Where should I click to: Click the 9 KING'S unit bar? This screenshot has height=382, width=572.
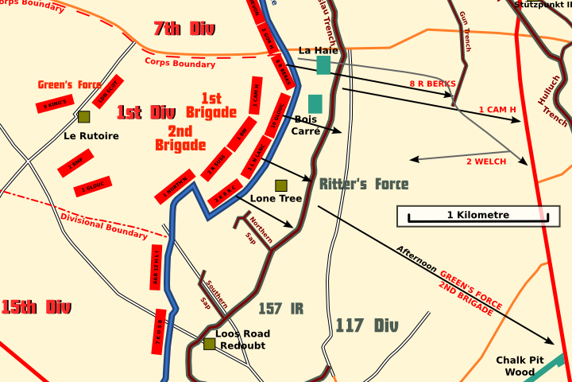54,104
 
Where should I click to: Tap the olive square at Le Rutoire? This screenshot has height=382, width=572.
84,117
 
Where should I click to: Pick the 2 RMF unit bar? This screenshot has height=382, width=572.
75,166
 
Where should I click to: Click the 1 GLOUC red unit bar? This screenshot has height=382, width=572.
92,187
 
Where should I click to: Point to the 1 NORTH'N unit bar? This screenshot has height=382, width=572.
176,186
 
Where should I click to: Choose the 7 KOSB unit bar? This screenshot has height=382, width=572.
158,333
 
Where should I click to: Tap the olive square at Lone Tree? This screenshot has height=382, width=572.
281,185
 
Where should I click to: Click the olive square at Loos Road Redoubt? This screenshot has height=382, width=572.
209,344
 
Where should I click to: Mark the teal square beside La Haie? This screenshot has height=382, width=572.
323,65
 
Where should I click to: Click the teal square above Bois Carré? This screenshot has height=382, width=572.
315,103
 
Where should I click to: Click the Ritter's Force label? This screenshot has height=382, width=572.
364,185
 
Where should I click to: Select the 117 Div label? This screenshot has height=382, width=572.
366,325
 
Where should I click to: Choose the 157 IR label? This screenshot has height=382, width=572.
281,309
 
